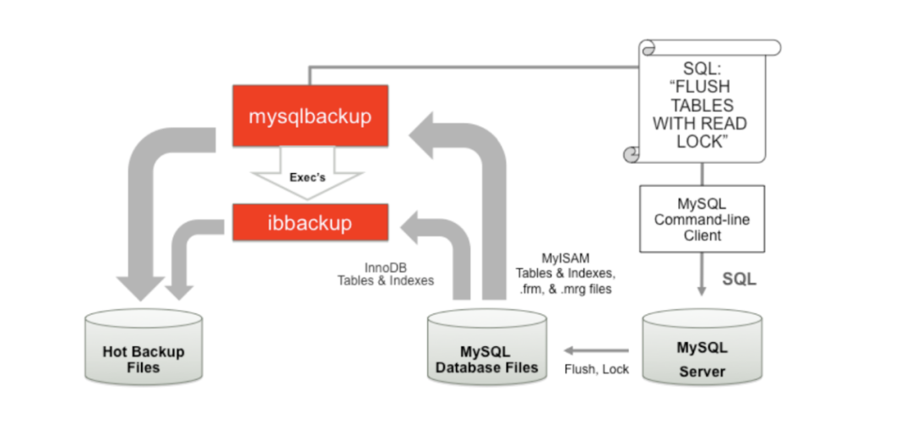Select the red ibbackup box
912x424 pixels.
coord(310,225)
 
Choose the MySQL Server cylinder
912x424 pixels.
coord(702,348)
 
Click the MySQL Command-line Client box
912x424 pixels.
coord(702,219)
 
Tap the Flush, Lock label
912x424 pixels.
coord(598,369)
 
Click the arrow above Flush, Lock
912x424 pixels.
coord(596,350)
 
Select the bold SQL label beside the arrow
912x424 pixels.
coord(738,278)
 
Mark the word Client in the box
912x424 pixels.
coord(702,236)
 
